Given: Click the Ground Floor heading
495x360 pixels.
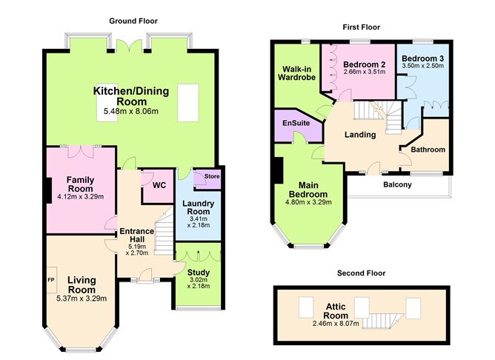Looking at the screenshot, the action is [x=133, y=21].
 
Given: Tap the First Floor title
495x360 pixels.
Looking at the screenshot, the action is [x=362, y=27].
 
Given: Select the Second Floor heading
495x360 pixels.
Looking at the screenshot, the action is [x=361, y=273].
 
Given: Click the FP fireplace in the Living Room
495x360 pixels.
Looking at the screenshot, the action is [x=52, y=280].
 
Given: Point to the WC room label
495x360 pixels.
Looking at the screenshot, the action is [x=159, y=185].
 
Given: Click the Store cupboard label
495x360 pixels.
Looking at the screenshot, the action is [x=212, y=176].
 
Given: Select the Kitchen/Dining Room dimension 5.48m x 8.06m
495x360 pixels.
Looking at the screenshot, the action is [x=131, y=111].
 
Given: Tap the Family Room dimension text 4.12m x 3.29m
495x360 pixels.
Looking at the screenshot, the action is [x=81, y=196].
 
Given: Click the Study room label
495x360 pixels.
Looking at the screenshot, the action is [x=199, y=273].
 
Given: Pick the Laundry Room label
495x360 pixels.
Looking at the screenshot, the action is [x=199, y=207].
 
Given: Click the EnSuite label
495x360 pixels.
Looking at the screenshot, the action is [x=296, y=123].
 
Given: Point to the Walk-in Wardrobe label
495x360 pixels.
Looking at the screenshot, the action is [x=296, y=73].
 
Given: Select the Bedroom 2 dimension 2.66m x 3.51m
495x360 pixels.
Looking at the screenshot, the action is [x=365, y=72].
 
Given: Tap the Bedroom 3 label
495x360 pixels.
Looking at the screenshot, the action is [x=422, y=59].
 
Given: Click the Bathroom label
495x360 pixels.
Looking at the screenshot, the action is [x=428, y=149].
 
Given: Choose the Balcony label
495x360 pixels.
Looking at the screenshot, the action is [x=397, y=184].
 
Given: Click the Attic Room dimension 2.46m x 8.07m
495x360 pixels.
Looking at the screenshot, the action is [x=336, y=324].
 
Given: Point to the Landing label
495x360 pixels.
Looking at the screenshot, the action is [x=360, y=135].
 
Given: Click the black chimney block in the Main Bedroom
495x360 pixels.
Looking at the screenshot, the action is [x=279, y=170].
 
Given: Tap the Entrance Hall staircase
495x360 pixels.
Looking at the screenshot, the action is [x=164, y=231].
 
